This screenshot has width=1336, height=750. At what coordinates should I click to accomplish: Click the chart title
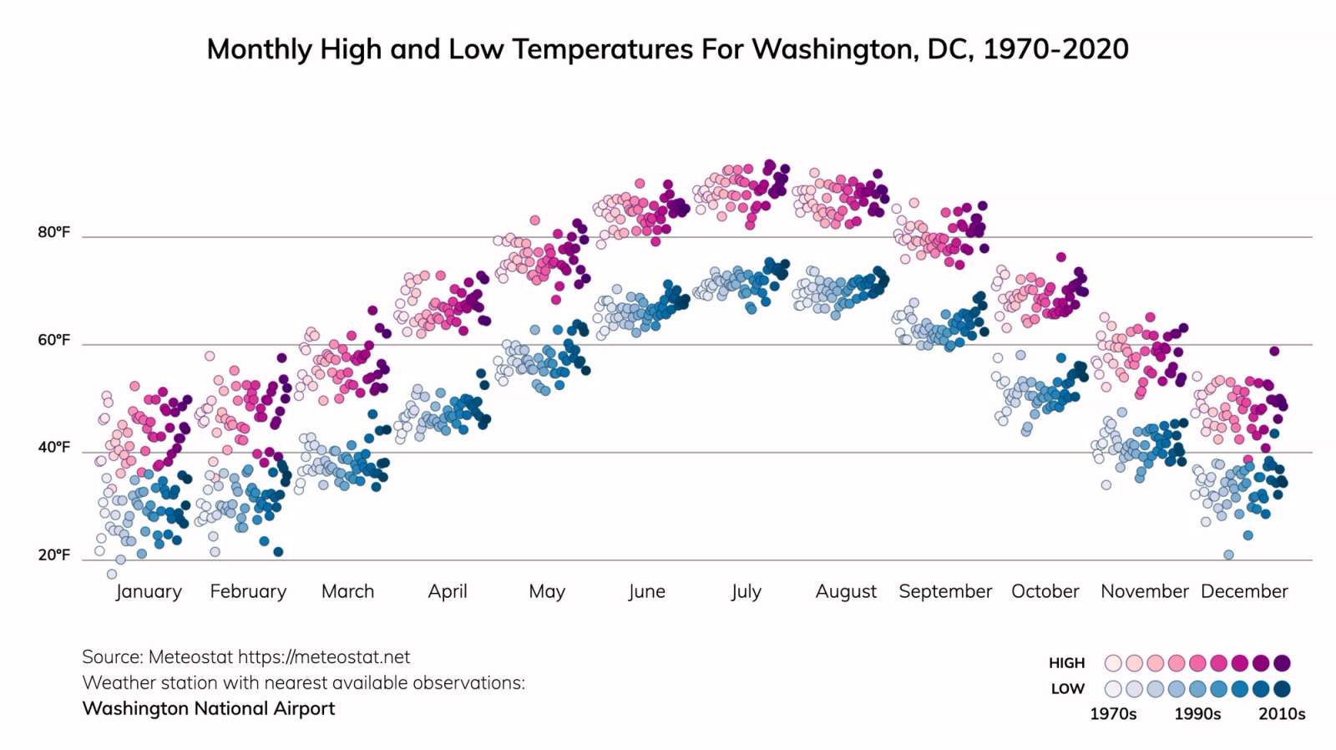click(x=667, y=49)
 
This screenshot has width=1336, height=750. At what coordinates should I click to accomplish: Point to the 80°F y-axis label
click(x=53, y=232)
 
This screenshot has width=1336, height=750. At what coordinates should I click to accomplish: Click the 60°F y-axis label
click(x=53, y=340)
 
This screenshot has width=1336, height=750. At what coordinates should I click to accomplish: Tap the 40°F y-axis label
click(x=53, y=448)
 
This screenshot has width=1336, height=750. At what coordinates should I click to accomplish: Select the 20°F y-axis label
click(x=53, y=555)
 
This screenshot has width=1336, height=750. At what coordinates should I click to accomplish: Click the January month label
click(x=149, y=591)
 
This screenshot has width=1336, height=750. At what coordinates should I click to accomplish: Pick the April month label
click(x=448, y=591)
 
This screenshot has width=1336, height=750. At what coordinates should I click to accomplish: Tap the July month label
click(x=746, y=591)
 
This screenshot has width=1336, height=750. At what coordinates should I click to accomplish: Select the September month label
click(x=945, y=591)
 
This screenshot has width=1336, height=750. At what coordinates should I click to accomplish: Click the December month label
click(x=1244, y=591)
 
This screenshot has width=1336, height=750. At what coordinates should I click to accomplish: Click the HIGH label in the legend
click(x=1066, y=663)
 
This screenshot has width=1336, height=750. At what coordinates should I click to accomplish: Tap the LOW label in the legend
click(x=1067, y=689)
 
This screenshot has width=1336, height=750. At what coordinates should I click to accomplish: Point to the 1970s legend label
click(x=1113, y=714)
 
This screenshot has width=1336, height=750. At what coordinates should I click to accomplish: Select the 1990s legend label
click(x=1197, y=714)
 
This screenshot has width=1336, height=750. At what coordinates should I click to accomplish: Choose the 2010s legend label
click(x=1282, y=714)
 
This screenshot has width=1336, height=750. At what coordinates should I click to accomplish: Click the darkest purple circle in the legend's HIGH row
click(x=1283, y=663)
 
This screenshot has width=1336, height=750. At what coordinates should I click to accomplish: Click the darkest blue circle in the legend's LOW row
click(x=1283, y=689)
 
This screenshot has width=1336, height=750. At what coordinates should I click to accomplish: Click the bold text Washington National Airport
click(x=209, y=708)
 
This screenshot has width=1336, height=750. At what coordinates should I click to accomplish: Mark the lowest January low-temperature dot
click(x=112, y=574)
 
